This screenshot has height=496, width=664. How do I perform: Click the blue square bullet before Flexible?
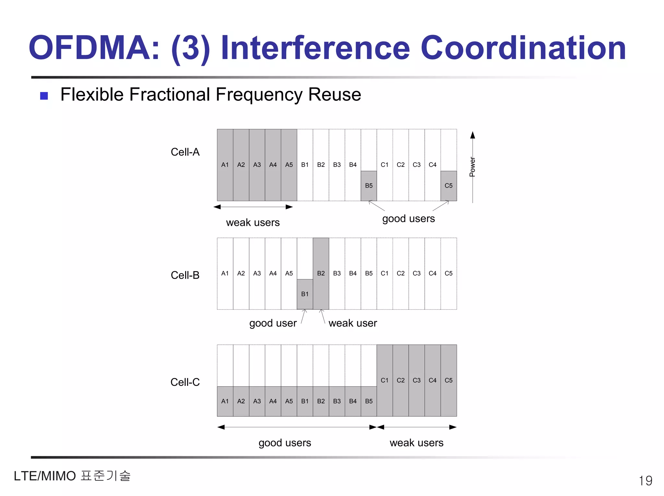tap(44, 96)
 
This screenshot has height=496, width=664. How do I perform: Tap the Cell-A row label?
tap(185, 152)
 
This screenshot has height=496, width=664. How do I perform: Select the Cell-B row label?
tap(185, 275)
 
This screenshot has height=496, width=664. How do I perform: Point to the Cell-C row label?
tap(185, 382)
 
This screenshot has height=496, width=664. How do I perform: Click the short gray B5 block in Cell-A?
tap(369, 186)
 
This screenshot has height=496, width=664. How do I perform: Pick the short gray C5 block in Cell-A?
tap(448, 186)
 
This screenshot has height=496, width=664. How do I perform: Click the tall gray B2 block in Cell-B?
tap(321, 273)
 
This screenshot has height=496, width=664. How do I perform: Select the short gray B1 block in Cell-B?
tap(305, 294)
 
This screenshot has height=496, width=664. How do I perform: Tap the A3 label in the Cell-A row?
tap(257, 165)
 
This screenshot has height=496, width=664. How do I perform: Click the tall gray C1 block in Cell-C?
tap(385, 380)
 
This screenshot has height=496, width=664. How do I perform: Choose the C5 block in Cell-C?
tap(448, 380)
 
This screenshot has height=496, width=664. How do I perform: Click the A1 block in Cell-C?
tap(225, 401)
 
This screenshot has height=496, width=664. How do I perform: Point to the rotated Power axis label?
tap(472, 167)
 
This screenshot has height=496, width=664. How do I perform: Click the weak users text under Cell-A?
tap(253, 223)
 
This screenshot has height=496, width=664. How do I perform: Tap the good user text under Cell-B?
tap(273, 323)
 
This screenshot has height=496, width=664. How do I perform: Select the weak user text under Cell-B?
tap(352, 323)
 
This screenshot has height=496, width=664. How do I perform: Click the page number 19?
tap(645, 480)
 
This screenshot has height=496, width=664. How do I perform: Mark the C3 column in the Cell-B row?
tap(417, 273)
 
